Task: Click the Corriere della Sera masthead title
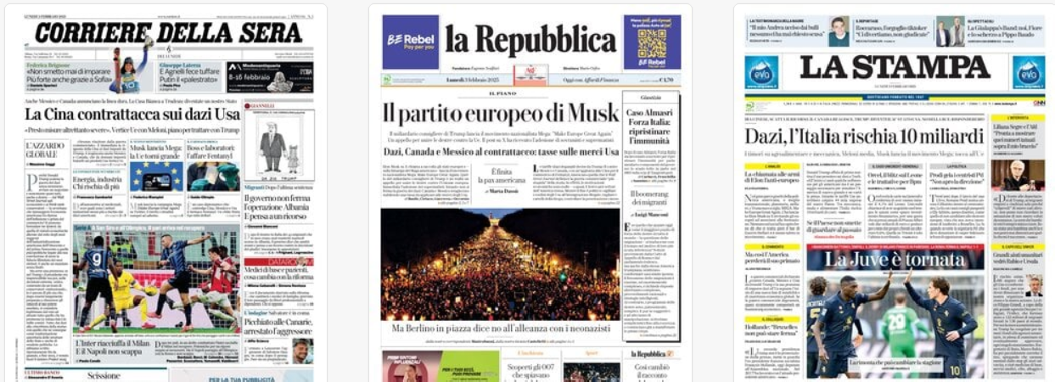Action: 168,32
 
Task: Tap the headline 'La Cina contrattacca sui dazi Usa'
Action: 132,114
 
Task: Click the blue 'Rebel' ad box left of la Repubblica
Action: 410,42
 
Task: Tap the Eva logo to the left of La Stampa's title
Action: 761,73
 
